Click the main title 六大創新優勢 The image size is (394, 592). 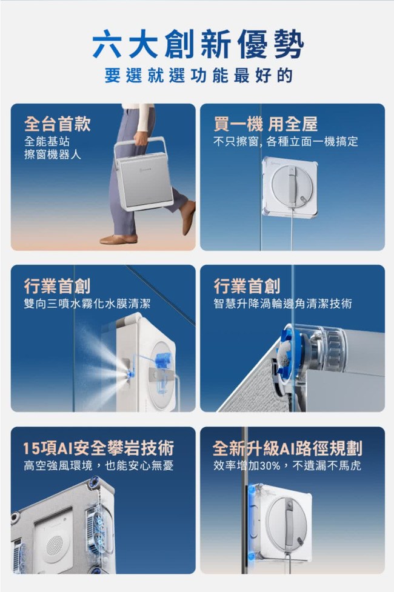point(198,45)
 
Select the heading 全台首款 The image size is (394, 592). point(58,124)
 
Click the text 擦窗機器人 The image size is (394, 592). point(53,155)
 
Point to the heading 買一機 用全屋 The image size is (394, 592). point(265,124)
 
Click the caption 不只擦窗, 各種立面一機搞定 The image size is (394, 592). point(285,142)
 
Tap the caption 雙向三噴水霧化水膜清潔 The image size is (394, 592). point(87,303)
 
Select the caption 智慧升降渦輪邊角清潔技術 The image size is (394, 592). point(282,303)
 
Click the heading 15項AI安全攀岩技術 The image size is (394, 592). point(99,448)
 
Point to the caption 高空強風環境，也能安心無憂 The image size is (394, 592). point(99,465)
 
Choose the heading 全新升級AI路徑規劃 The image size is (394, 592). point(287,448)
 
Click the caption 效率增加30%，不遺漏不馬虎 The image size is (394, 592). point(287,465)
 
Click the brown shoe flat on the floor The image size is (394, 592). point(118,239)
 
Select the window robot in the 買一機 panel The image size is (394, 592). point(290,188)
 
